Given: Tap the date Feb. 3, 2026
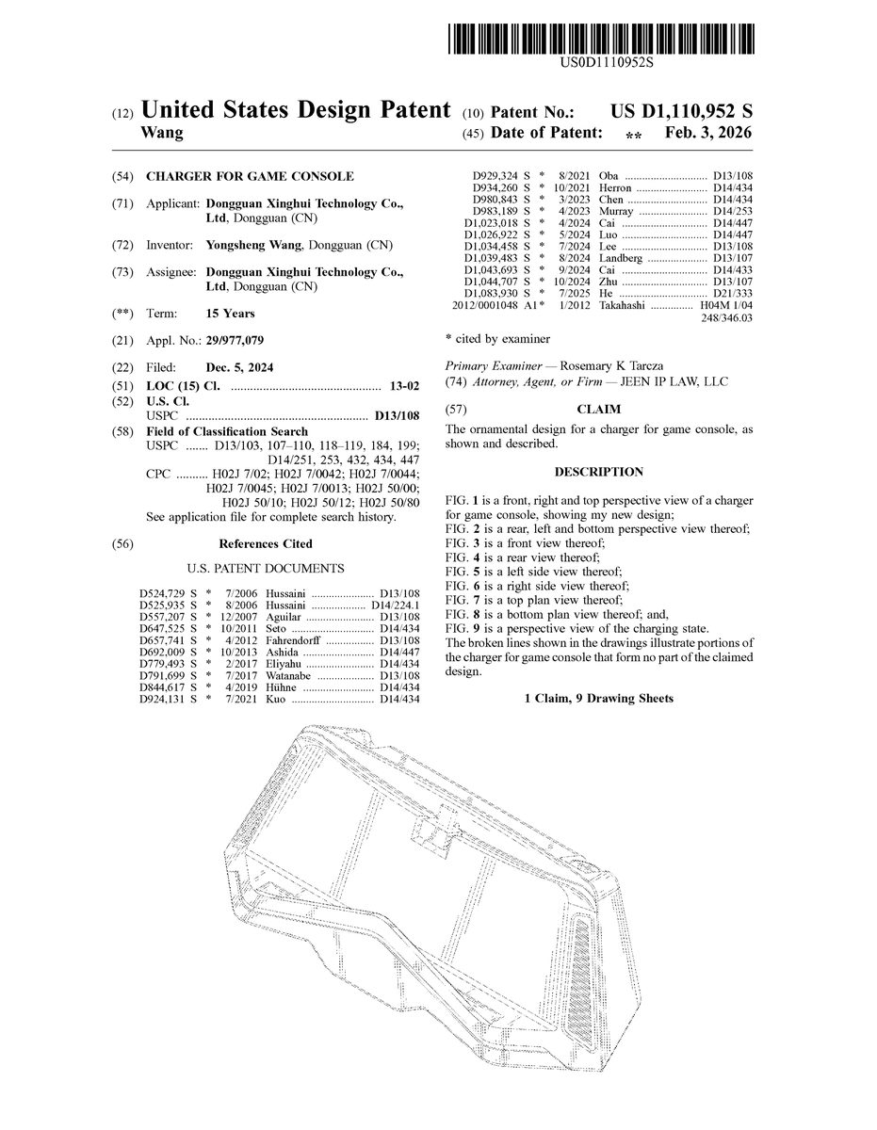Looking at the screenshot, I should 708,134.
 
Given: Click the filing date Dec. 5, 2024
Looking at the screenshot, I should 239,367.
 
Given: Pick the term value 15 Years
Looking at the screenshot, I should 230,314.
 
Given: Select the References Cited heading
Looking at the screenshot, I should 266,543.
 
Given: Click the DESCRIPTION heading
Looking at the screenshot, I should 598,472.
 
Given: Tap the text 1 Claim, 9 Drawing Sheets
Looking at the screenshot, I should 598,699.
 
